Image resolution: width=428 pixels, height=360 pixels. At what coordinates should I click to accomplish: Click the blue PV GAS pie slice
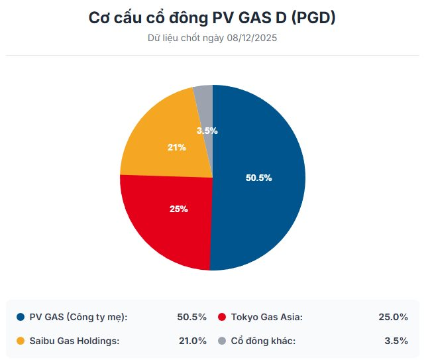pyautogui.click(x=265, y=199)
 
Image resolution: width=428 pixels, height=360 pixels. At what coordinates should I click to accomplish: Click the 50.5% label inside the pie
pyautogui.click(x=258, y=178)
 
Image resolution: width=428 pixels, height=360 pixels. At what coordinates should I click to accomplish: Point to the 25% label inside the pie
pyautogui.click(x=178, y=209)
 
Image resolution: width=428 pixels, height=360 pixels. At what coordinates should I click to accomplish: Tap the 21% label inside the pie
pyautogui.click(x=176, y=147)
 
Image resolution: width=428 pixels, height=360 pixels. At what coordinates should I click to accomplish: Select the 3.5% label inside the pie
pyautogui.click(x=207, y=131)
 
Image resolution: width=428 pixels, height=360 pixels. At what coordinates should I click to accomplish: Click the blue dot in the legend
pyautogui.click(x=21, y=317)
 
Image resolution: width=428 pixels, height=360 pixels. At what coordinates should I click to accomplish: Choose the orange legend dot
pyautogui.click(x=21, y=341)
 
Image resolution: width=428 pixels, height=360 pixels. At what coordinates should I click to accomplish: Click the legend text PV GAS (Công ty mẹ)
pyautogui.click(x=78, y=317)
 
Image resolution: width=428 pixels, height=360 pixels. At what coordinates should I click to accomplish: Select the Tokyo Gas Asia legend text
pyautogui.click(x=267, y=317)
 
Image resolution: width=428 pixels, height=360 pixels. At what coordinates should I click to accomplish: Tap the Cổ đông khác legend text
pyautogui.click(x=263, y=341)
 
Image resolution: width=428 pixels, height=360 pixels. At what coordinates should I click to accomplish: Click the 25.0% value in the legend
pyautogui.click(x=393, y=317)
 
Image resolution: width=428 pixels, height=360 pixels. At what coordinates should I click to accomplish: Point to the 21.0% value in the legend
pyautogui.click(x=192, y=341)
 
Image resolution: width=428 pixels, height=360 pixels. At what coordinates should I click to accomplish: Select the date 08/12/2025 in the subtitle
pyautogui.click(x=252, y=38)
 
